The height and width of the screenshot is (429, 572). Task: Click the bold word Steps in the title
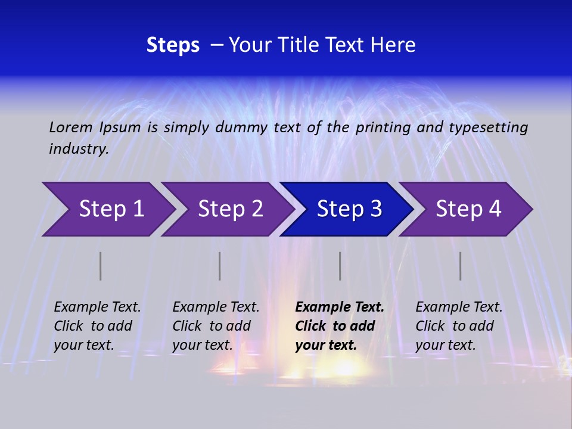[x=173, y=45]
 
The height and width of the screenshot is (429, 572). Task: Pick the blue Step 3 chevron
[x=349, y=209]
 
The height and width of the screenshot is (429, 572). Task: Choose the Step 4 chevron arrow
[x=468, y=209]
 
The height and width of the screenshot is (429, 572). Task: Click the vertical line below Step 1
[x=101, y=266]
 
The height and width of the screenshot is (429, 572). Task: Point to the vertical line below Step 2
[x=220, y=266]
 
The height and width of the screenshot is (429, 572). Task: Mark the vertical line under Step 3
[x=340, y=266]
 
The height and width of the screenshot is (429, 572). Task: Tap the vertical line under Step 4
[x=461, y=266]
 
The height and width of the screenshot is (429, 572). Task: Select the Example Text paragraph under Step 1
[x=97, y=326]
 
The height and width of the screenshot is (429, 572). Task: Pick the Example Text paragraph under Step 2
[x=216, y=326]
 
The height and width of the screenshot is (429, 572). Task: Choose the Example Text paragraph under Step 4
[x=459, y=326]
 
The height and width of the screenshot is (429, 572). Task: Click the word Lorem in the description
[x=71, y=127]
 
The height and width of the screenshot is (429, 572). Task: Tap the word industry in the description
[x=78, y=148]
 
